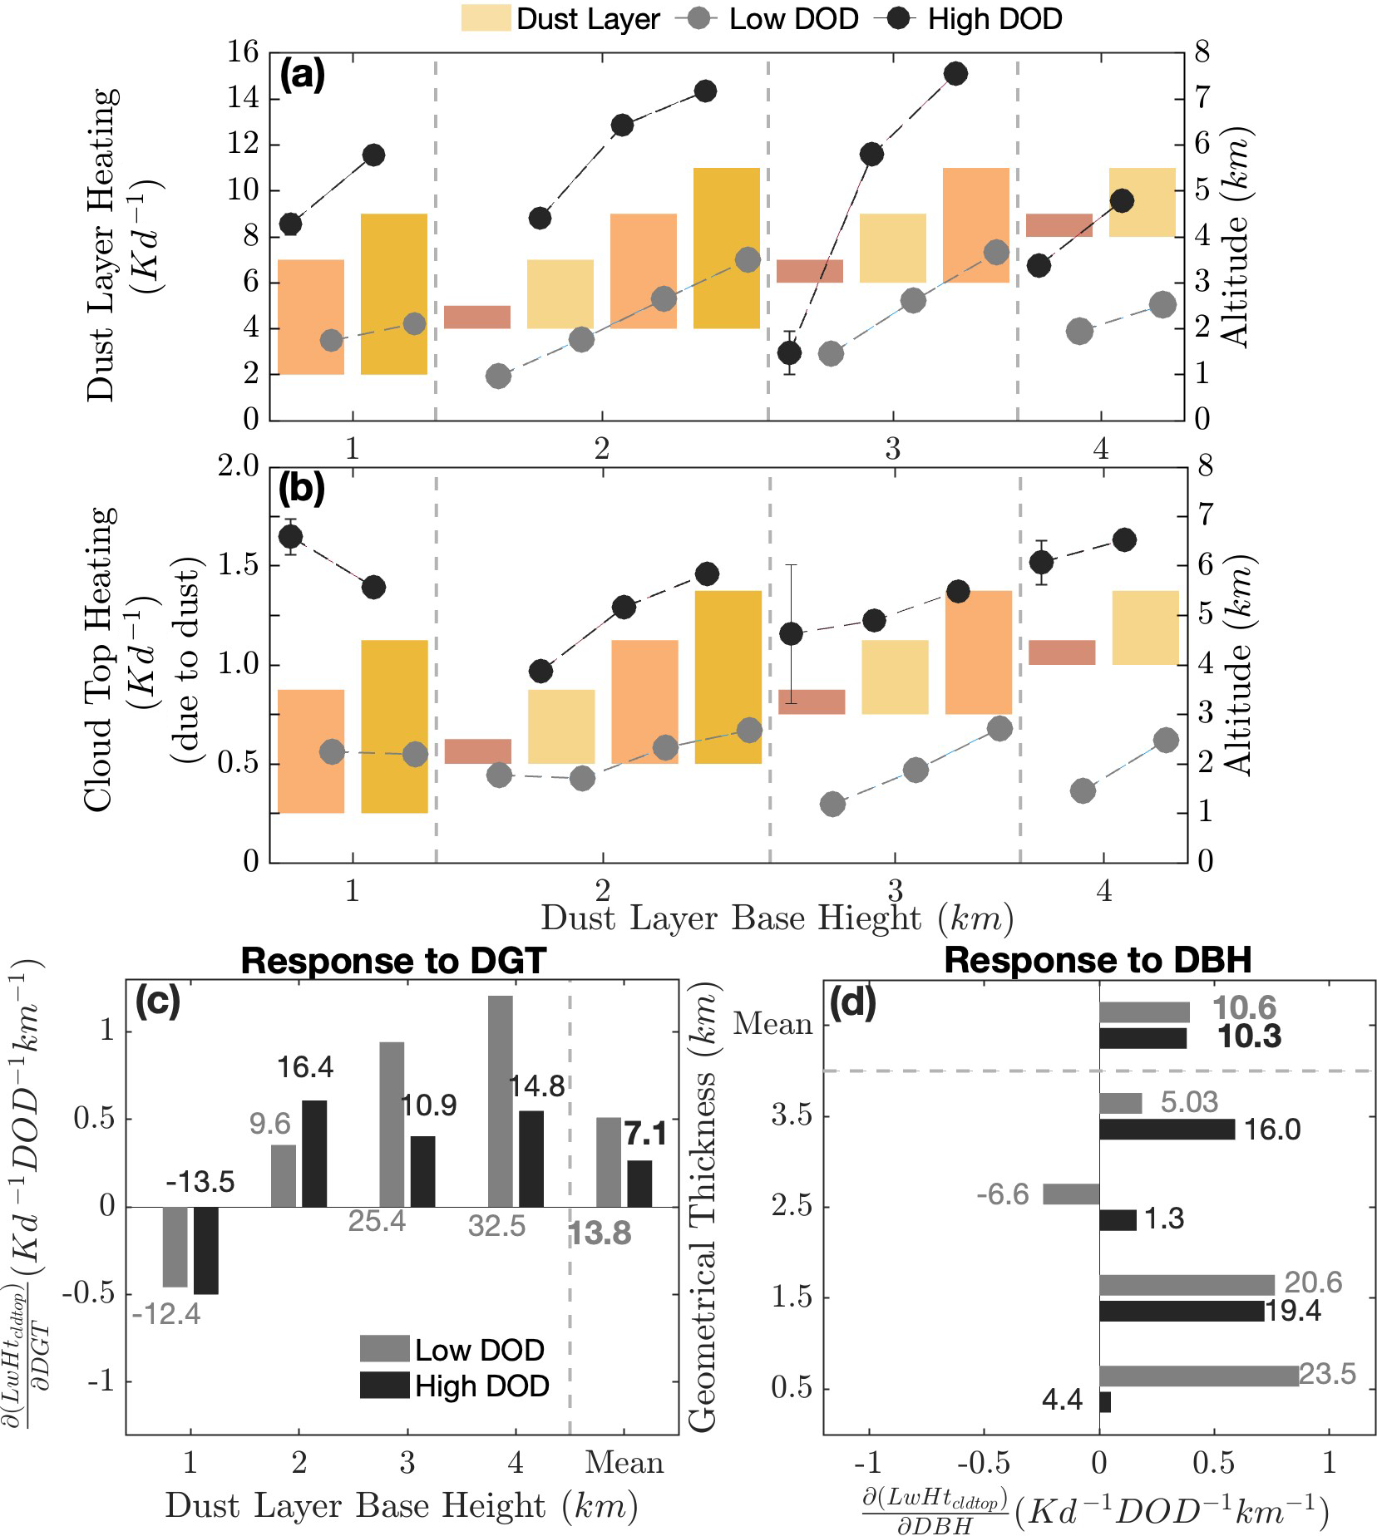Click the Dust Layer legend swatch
[486, 18]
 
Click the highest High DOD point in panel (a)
[956, 74]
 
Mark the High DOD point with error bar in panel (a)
[790, 352]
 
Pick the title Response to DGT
[392, 961]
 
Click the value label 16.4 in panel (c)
[305, 1067]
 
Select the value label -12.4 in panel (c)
[166, 1314]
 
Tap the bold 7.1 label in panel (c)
[646, 1134]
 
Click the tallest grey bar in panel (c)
[501, 1100]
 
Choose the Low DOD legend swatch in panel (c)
[384, 1348]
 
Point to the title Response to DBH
[1098, 961]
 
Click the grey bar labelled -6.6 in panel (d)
[1071, 1194]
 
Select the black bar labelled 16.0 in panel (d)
[1167, 1129]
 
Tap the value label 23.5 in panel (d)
[1327, 1373]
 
